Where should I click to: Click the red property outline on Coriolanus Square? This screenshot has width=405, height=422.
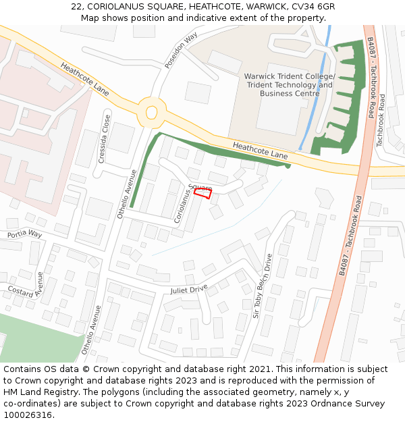coord(203,194)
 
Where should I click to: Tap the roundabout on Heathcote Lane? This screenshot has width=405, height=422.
coord(151,112)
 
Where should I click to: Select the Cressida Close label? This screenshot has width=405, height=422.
coord(105,134)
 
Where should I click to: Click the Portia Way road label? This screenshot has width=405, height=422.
coord(24,234)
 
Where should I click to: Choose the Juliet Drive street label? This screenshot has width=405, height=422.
coord(189,290)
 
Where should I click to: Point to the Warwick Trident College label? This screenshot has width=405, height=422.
coord(290,76)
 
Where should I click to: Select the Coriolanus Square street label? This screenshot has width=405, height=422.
coord(189,201)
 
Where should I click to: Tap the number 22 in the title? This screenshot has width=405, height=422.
coord(78,6)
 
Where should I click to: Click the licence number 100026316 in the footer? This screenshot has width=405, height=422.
coord(29,415)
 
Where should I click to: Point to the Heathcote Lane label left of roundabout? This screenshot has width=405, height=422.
coord(84,78)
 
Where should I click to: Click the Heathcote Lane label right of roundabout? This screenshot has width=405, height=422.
coord(260,151)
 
